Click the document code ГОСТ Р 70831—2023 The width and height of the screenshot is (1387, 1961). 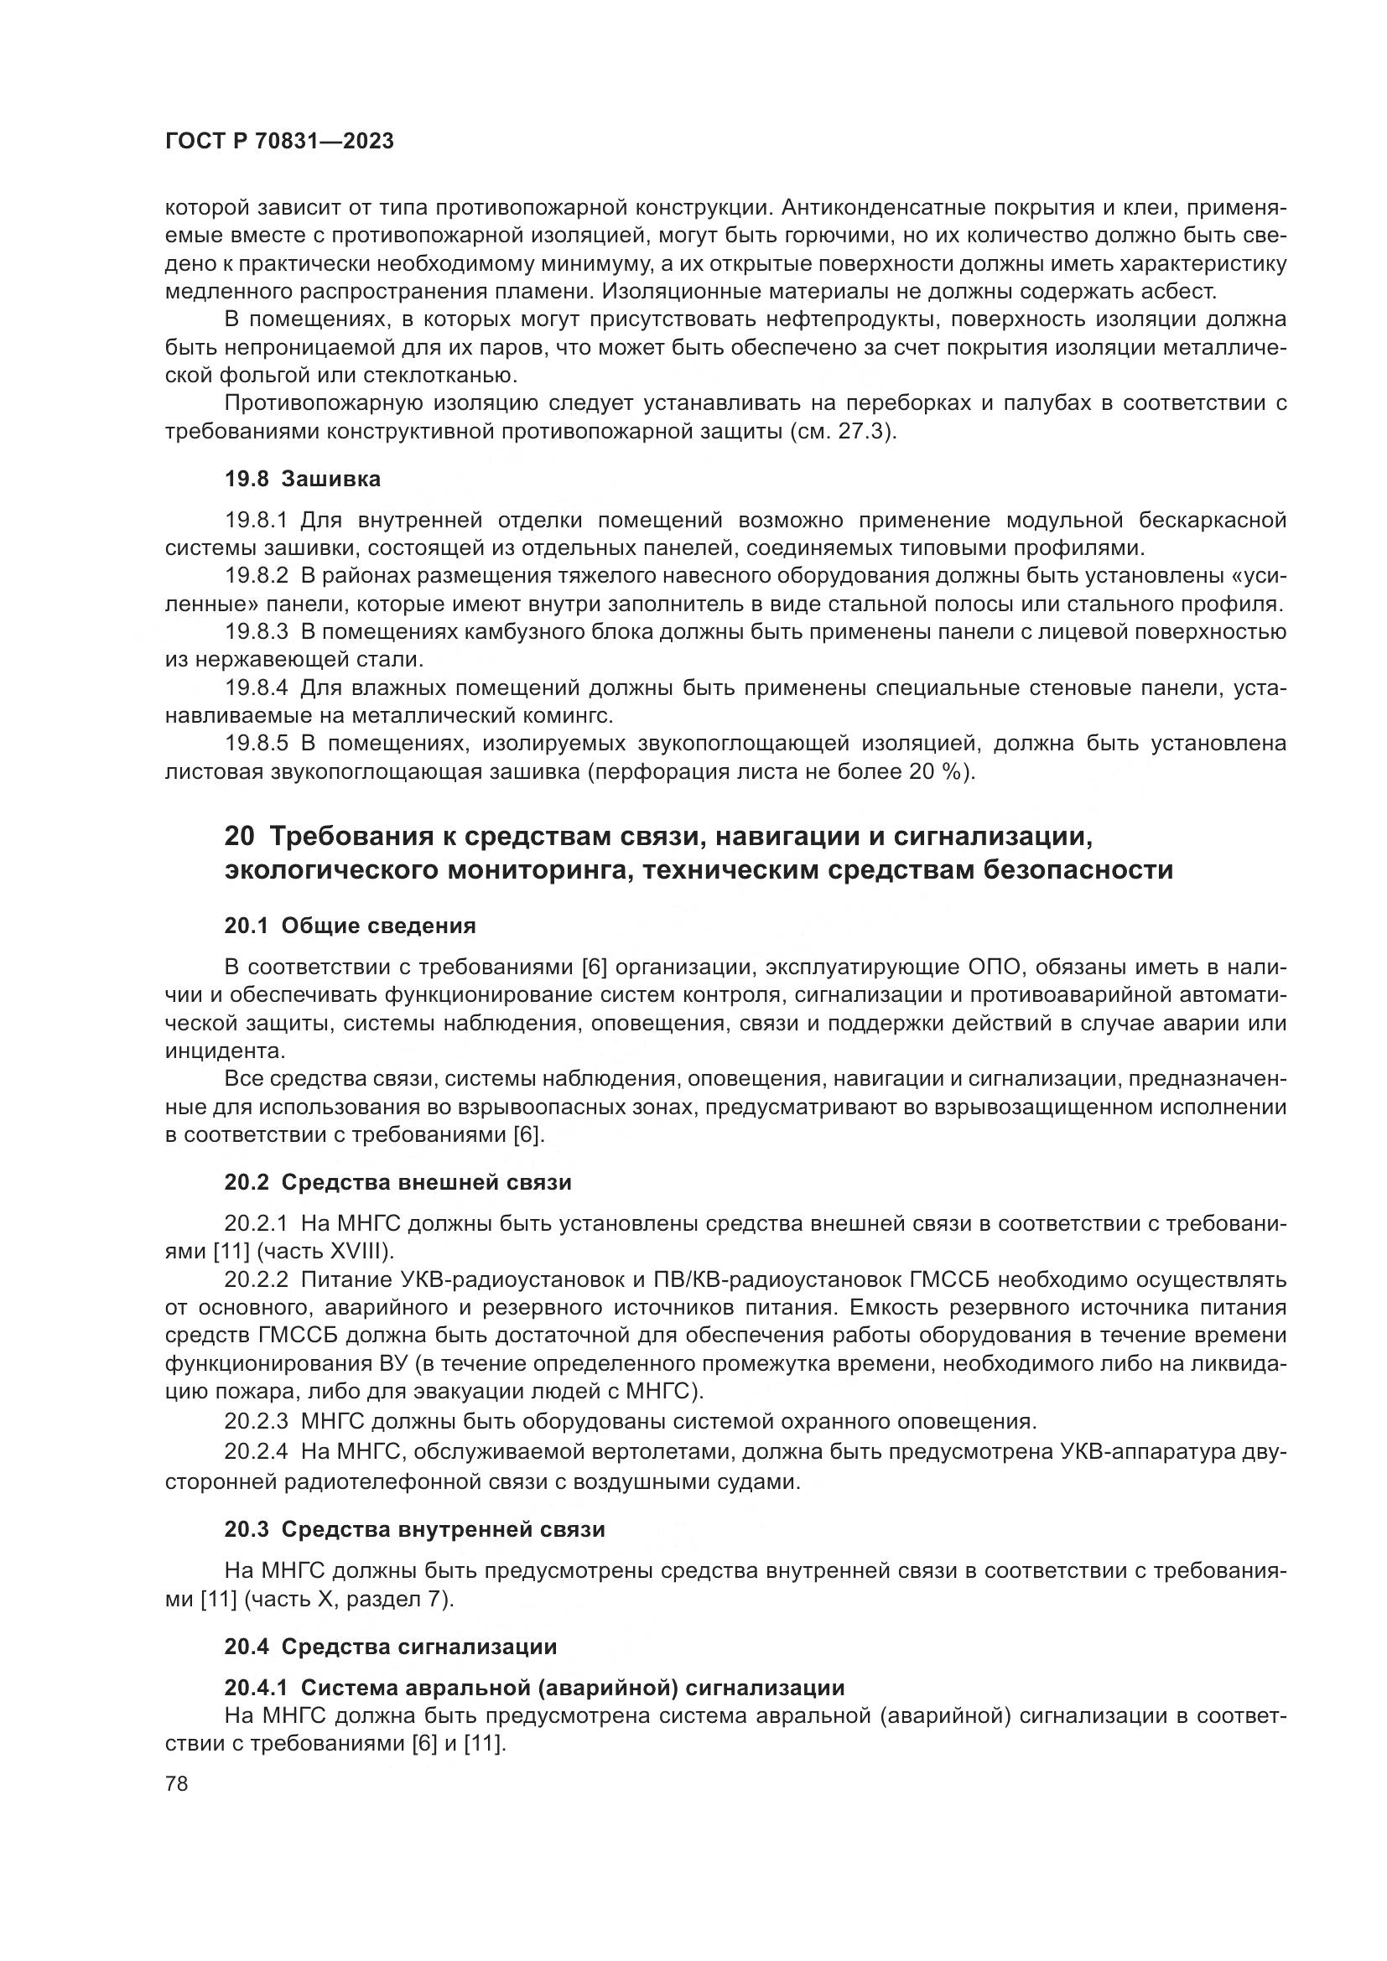point(279,142)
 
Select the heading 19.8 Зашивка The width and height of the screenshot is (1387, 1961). point(303,480)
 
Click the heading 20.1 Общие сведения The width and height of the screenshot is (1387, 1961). point(350,926)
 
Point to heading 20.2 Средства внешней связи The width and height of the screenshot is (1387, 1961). point(397,1182)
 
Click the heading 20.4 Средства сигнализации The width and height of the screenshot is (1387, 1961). point(390,1646)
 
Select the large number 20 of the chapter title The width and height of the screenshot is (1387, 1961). point(240,836)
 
